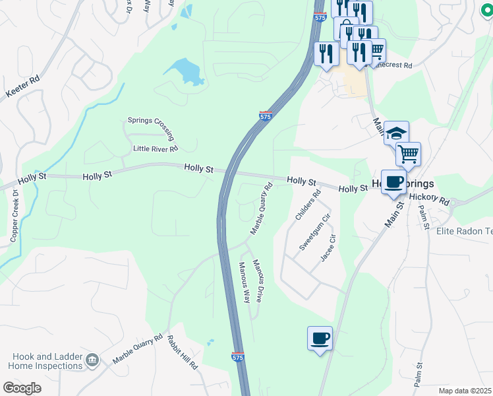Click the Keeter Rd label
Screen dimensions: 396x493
[x=22, y=86]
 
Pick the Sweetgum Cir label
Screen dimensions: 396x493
[x=314, y=232]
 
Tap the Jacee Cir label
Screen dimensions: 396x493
[x=329, y=248]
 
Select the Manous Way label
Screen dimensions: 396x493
[x=245, y=282]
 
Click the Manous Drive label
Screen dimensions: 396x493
[x=259, y=280]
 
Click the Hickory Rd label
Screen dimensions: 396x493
[x=428, y=198]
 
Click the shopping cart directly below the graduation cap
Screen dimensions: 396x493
[x=408, y=154]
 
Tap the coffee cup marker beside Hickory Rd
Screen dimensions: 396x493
[x=393, y=182]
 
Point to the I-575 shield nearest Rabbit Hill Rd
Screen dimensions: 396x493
[x=239, y=356]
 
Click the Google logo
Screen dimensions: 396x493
[x=22, y=388]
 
